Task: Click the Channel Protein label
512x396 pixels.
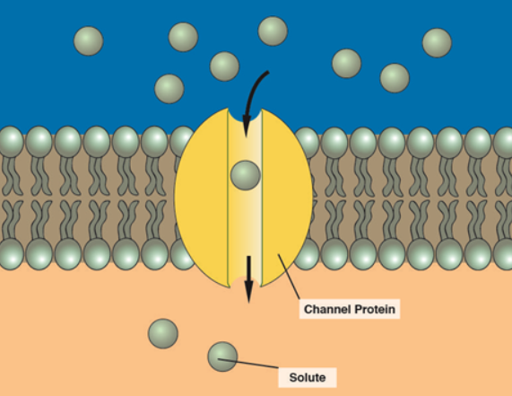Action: tap(349, 309)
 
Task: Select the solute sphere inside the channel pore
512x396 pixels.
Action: tap(244, 175)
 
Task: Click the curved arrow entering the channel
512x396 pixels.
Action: tap(253, 94)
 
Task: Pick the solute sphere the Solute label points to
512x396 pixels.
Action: tap(221, 356)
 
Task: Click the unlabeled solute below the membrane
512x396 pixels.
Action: tap(163, 332)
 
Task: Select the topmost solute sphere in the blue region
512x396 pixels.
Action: tap(273, 31)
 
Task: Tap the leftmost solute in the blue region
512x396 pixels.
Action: tap(88, 40)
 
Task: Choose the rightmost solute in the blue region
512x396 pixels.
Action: tap(437, 42)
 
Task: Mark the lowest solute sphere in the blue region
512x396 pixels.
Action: tap(169, 88)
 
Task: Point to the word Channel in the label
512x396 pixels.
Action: tap(325, 309)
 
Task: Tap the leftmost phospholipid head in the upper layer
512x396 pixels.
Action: tap(10, 141)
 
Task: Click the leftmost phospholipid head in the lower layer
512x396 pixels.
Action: tap(10, 254)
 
